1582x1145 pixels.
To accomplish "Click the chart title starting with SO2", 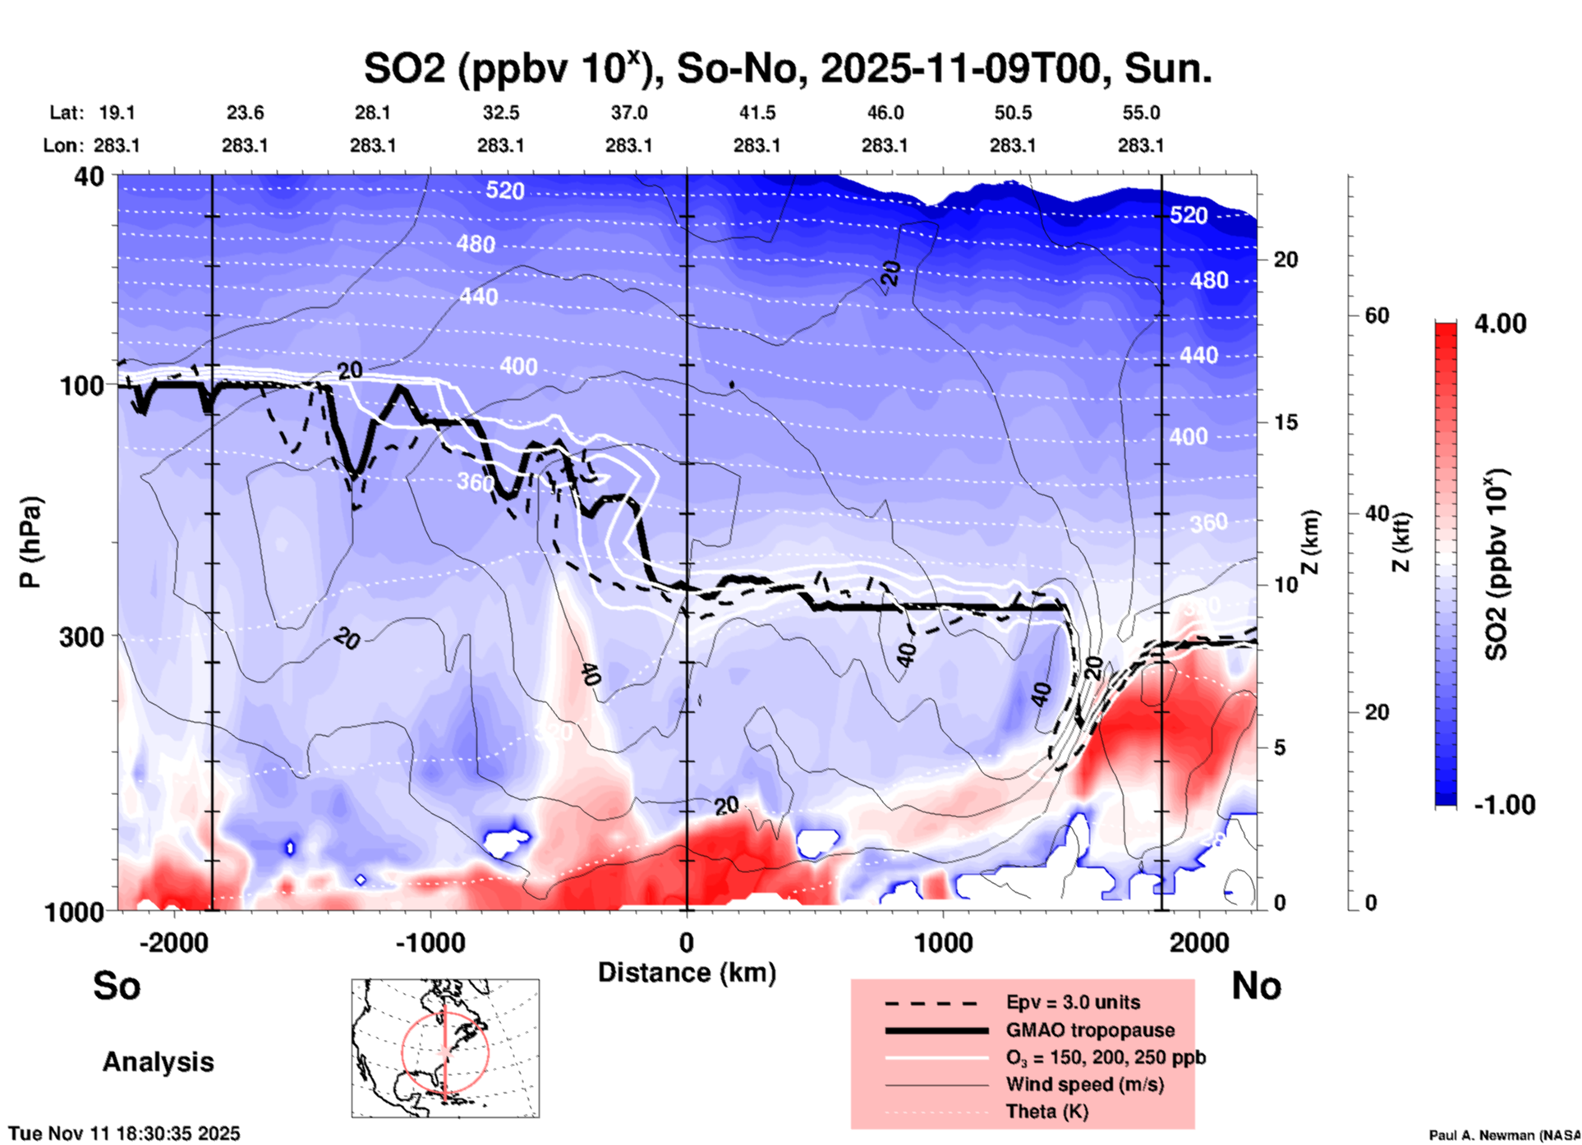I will click(787, 69).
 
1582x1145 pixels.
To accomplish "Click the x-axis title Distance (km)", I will click(687, 973).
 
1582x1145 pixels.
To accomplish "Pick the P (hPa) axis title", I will click(30, 542).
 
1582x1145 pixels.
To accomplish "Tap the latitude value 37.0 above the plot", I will click(628, 113).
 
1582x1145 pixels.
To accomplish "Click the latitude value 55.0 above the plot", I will click(1141, 113).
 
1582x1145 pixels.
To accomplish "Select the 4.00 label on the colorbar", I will click(1500, 324).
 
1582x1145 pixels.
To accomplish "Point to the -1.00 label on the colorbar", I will click(1504, 805).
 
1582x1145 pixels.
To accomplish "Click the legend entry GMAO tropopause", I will click(1090, 1030).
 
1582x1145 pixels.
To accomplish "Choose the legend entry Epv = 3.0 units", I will click(1073, 1002).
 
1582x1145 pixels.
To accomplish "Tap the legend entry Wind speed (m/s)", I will click(1084, 1084).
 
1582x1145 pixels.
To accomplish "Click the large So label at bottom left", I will click(117, 986).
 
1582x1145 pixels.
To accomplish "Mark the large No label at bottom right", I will click(1256, 986).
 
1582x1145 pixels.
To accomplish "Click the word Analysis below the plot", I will click(158, 1062).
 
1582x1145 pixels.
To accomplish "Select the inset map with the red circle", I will click(445, 1048).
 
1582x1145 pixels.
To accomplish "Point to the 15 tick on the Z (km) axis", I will click(1285, 422).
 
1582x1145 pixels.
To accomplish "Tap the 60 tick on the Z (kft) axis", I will click(1377, 315).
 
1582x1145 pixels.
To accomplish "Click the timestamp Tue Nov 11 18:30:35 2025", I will click(125, 1134).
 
